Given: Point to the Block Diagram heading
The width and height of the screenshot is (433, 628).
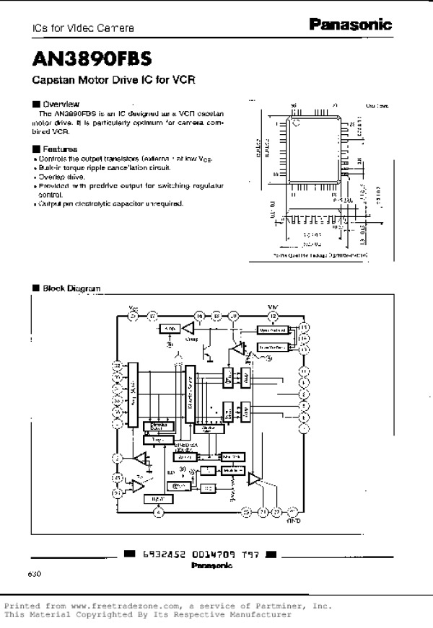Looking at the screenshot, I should [x=71, y=288].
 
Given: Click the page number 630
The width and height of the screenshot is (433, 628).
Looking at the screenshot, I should [x=35, y=575].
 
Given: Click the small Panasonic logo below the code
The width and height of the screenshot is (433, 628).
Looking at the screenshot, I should [x=211, y=566].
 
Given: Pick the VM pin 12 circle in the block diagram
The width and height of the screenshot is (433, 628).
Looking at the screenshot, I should [x=273, y=315].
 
